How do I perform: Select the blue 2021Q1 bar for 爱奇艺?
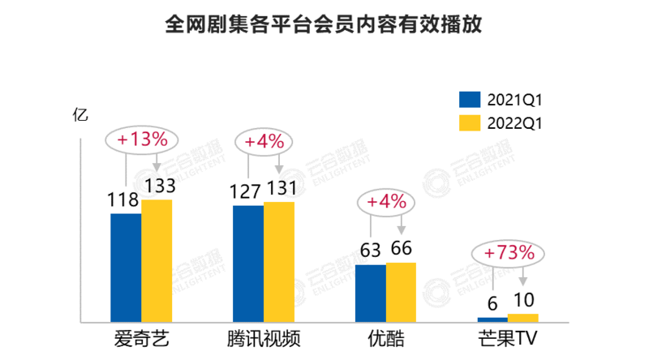(x=126, y=268)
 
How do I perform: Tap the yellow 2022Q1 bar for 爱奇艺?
(x=157, y=260)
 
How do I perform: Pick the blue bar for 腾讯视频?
(x=247, y=264)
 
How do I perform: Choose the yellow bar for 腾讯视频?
(x=278, y=262)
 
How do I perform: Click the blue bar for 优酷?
(x=370, y=293)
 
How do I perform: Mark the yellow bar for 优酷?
(x=401, y=292)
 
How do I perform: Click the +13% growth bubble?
(x=142, y=139)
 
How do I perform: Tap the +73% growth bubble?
(x=509, y=253)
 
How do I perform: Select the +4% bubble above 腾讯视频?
(x=264, y=141)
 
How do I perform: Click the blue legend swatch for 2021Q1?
(x=471, y=99)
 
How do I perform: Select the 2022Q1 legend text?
(x=514, y=124)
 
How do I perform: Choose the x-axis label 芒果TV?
(x=509, y=338)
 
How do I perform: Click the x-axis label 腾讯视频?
(x=264, y=338)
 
